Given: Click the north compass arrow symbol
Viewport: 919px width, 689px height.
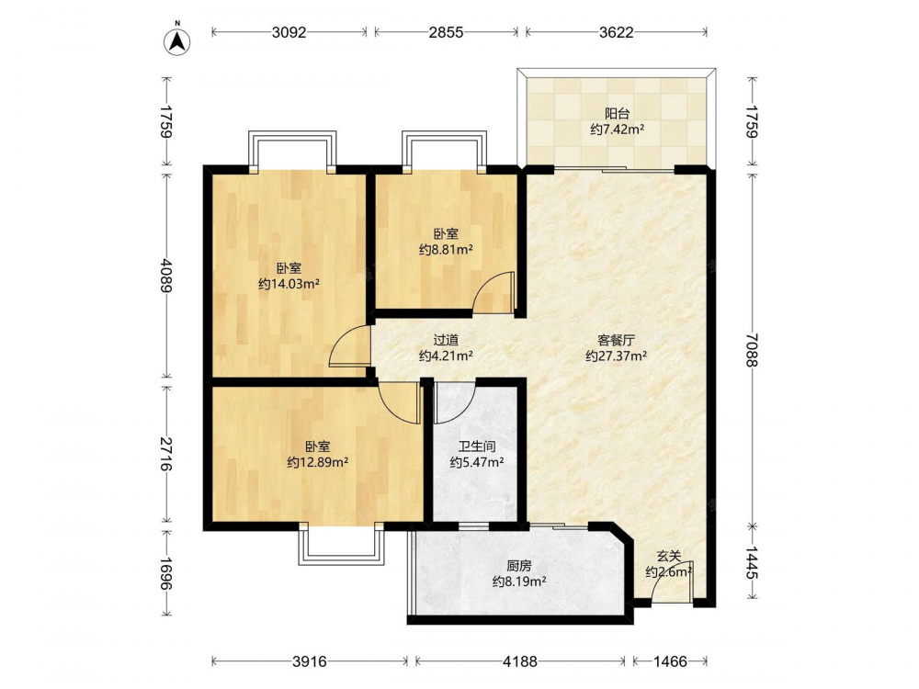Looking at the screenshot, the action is pyautogui.click(x=176, y=40).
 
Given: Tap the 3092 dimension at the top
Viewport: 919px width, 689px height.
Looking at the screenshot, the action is pyautogui.click(x=289, y=32).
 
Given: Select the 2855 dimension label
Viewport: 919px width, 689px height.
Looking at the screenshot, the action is pyautogui.click(x=446, y=32).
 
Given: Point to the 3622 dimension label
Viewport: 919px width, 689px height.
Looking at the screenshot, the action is pyautogui.click(x=617, y=32).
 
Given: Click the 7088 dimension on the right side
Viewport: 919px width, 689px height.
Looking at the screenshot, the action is pyautogui.click(x=752, y=349).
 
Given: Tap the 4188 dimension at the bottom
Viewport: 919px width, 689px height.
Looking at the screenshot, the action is pyautogui.click(x=520, y=661).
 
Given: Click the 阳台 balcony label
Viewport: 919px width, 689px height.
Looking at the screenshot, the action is pyautogui.click(x=618, y=113).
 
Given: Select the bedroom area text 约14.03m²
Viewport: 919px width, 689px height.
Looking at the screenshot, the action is pyautogui.click(x=289, y=285).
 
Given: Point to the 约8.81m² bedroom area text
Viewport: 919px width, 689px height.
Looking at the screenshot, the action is pyautogui.click(x=446, y=250).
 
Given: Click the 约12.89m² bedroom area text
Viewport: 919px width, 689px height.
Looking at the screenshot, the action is pyautogui.click(x=318, y=462).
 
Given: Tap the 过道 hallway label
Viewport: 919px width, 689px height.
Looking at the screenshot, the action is pyautogui.click(x=446, y=340).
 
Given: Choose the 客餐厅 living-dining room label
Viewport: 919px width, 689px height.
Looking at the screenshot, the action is pyautogui.click(x=617, y=340).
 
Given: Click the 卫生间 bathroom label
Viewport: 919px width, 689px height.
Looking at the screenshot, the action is pyautogui.click(x=477, y=446).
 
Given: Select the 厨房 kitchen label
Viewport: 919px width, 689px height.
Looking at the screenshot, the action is pyautogui.click(x=519, y=566).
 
